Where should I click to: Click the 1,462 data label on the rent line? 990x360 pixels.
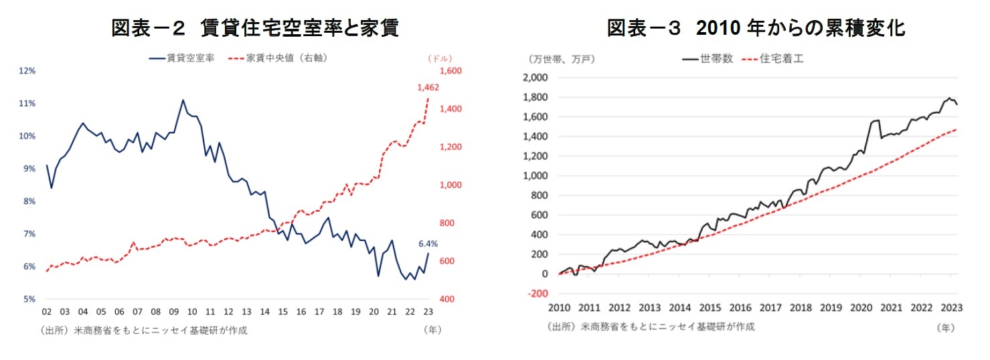pyautogui.click(x=428, y=87)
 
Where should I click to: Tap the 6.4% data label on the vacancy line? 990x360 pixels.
pyautogui.click(x=428, y=244)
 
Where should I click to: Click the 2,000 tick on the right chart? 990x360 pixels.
pyautogui.click(x=536, y=78)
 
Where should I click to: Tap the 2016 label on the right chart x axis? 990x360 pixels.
pyautogui.click(x=740, y=308)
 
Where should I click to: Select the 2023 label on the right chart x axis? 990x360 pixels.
pyautogui.click(x=951, y=308)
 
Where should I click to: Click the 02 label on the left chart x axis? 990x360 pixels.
pyautogui.click(x=47, y=312)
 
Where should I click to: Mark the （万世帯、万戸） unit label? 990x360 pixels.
pyautogui.click(x=561, y=59)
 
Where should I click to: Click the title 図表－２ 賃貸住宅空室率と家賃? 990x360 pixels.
pyautogui.click(x=255, y=28)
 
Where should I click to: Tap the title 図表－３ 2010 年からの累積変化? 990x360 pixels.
pyautogui.click(x=756, y=28)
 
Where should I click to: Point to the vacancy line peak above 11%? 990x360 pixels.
pyautogui.click(x=183, y=100)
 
